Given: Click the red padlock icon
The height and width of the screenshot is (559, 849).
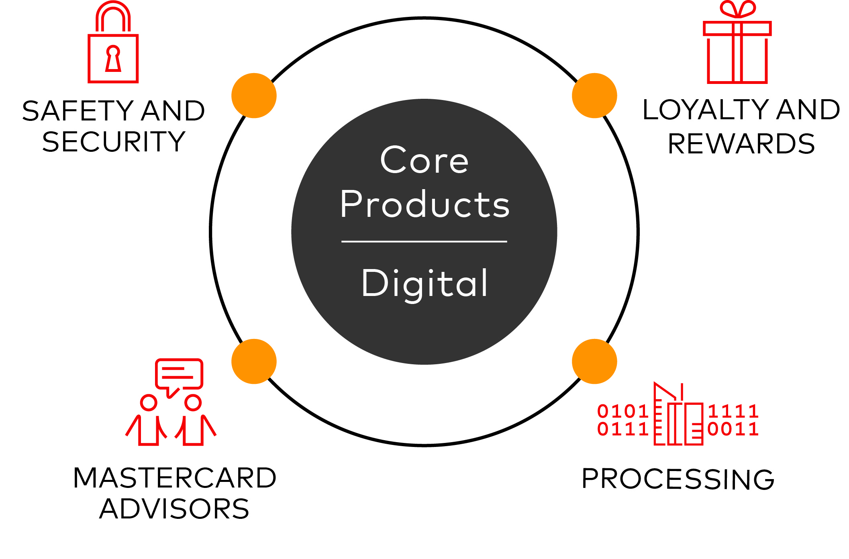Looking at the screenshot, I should tap(113, 44).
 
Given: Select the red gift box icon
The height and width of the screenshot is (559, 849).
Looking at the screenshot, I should tap(737, 48).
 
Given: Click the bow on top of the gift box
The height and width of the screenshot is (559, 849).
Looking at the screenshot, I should tap(738, 9).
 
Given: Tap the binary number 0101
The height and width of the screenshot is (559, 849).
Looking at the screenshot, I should tap(622, 411).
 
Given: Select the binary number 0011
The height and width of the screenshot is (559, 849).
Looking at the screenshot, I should tap(733, 429).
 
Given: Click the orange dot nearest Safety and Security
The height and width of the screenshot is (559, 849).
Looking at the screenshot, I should tap(254, 96).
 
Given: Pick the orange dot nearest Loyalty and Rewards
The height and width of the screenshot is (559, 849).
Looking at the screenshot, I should tap(594, 96).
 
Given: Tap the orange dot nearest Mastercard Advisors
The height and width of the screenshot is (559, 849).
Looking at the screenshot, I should tap(254, 361).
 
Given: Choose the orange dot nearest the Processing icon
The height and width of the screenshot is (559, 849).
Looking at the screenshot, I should tap(594, 361).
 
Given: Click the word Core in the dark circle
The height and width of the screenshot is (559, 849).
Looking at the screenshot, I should tap(424, 160).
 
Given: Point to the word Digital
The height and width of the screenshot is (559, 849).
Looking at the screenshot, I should tap(424, 284).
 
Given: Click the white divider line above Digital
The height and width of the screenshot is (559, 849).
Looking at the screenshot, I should tap(424, 241).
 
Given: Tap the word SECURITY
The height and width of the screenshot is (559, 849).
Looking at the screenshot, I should tap(114, 142).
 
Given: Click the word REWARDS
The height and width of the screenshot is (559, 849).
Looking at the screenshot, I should tap(741, 144).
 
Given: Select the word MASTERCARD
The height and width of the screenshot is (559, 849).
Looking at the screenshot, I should tap(175, 478).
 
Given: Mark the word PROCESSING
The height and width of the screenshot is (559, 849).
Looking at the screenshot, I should tap(678, 479).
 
